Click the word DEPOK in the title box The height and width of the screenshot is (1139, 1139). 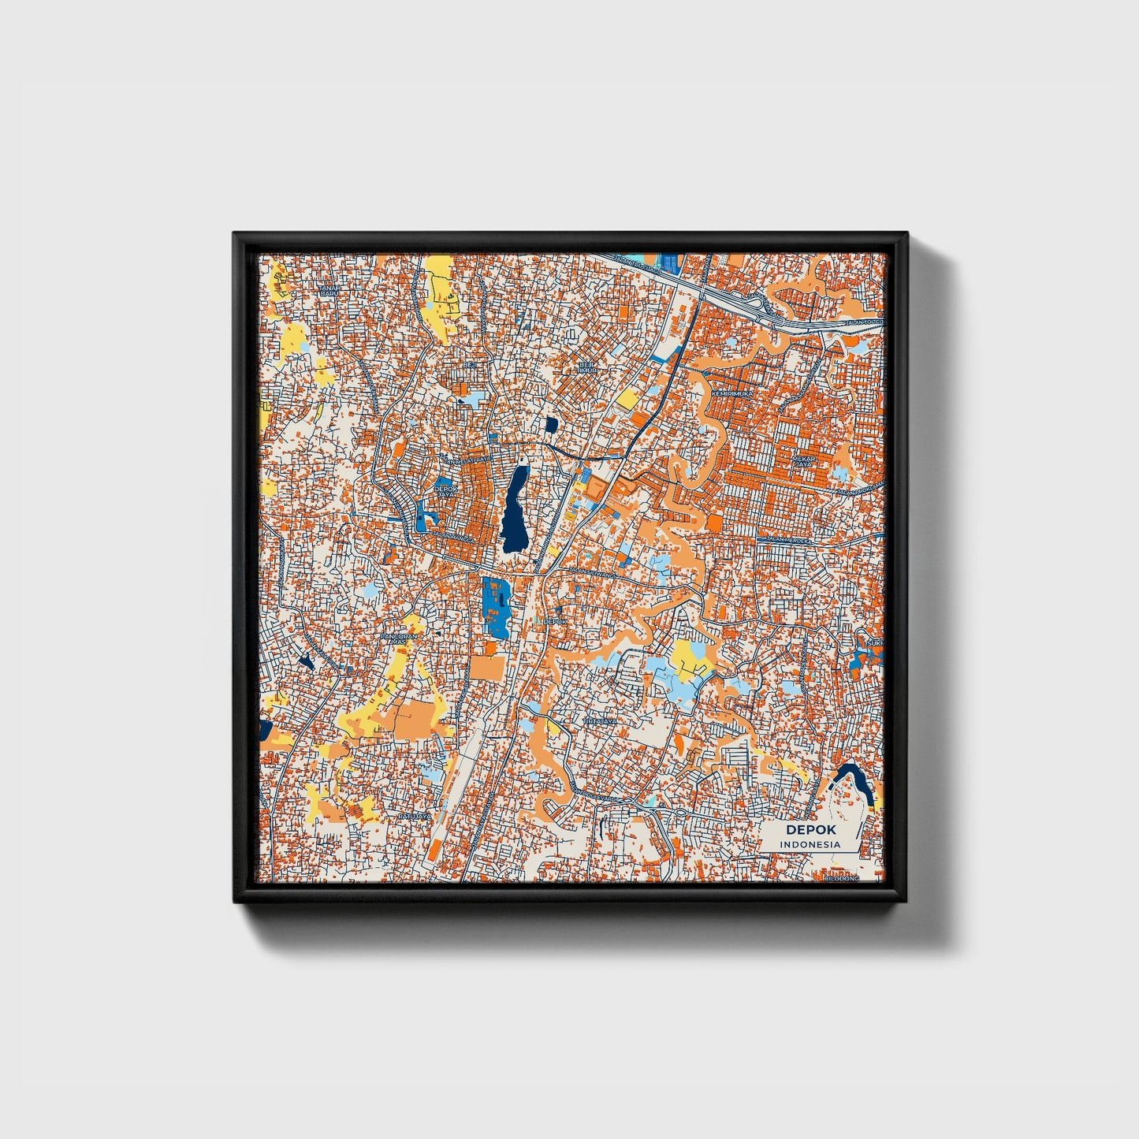tap(810, 830)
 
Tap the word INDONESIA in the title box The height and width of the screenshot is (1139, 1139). tap(810, 844)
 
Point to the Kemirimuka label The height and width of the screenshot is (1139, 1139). tap(732, 393)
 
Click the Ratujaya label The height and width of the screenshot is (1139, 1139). tap(415, 817)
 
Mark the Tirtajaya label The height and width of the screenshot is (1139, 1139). tap(601, 720)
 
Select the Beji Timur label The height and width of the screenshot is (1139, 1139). tap(586, 368)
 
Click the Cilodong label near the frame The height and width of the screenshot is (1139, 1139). tap(842, 877)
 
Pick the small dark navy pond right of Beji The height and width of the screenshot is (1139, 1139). tap(551, 426)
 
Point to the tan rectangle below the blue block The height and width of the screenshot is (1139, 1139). tap(487, 668)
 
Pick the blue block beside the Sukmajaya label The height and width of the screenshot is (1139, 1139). tap(859, 660)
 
